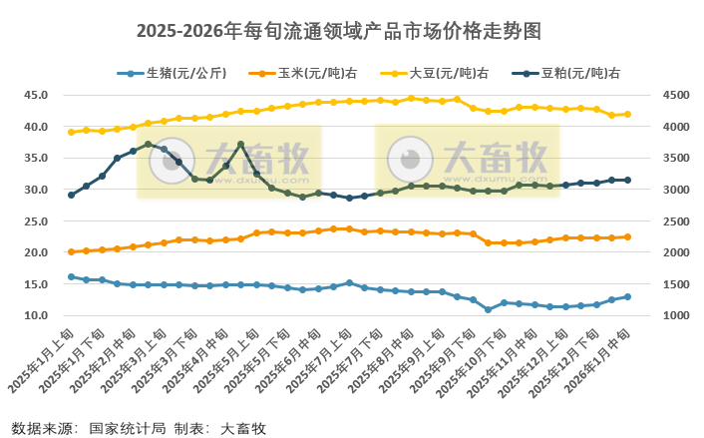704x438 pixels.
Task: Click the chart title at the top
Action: coord(352,30)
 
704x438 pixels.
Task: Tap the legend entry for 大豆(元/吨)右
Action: coord(448,73)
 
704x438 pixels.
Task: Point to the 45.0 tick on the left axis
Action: coord(36,95)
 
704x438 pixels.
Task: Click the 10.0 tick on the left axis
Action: coord(36,315)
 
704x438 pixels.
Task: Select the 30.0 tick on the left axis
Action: coord(36,190)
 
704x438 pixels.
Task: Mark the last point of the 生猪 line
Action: coord(627,296)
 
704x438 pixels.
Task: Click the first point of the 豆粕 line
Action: coord(71,195)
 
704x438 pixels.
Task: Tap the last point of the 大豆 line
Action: coord(627,114)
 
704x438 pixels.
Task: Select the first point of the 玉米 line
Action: coord(71,252)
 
